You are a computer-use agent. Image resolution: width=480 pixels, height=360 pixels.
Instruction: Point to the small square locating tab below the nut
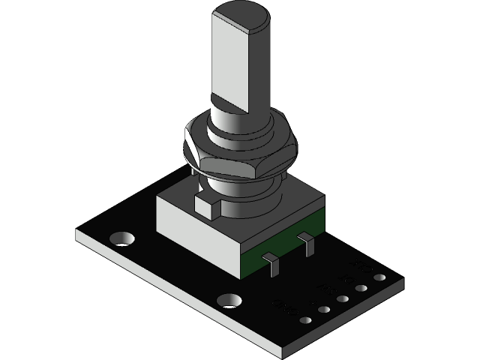(x=205, y=204)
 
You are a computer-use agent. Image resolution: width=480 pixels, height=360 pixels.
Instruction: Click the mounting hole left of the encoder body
(x=121, y=239)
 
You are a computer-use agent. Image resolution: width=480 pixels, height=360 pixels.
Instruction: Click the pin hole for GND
(x=306, y=319)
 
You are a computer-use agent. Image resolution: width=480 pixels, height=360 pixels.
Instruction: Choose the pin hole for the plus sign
(x=324, y=309)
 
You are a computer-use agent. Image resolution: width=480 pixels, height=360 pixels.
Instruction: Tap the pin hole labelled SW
(x=343, y=299)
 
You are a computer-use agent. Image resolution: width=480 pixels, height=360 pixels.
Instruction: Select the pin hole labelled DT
(x=361, y=289)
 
